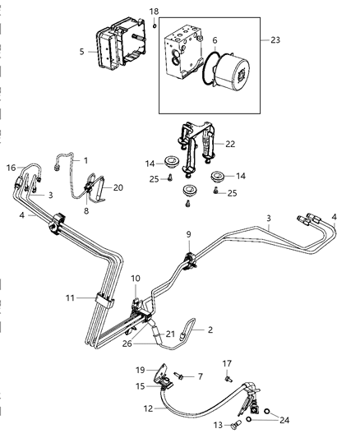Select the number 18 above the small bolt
[x=154, y=10]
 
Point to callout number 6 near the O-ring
[x=215, y=39]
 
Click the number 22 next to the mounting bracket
[x=230, y=144]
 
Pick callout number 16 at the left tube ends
[x=11, y=167]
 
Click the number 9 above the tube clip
[x=188, y=235]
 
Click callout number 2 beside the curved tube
[x=210, y=329]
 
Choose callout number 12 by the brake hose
[x=148, y=407]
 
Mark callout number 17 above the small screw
[x=228, y=362]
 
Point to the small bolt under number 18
[x=154, y=25]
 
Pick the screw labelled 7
[x=178, y=376]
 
